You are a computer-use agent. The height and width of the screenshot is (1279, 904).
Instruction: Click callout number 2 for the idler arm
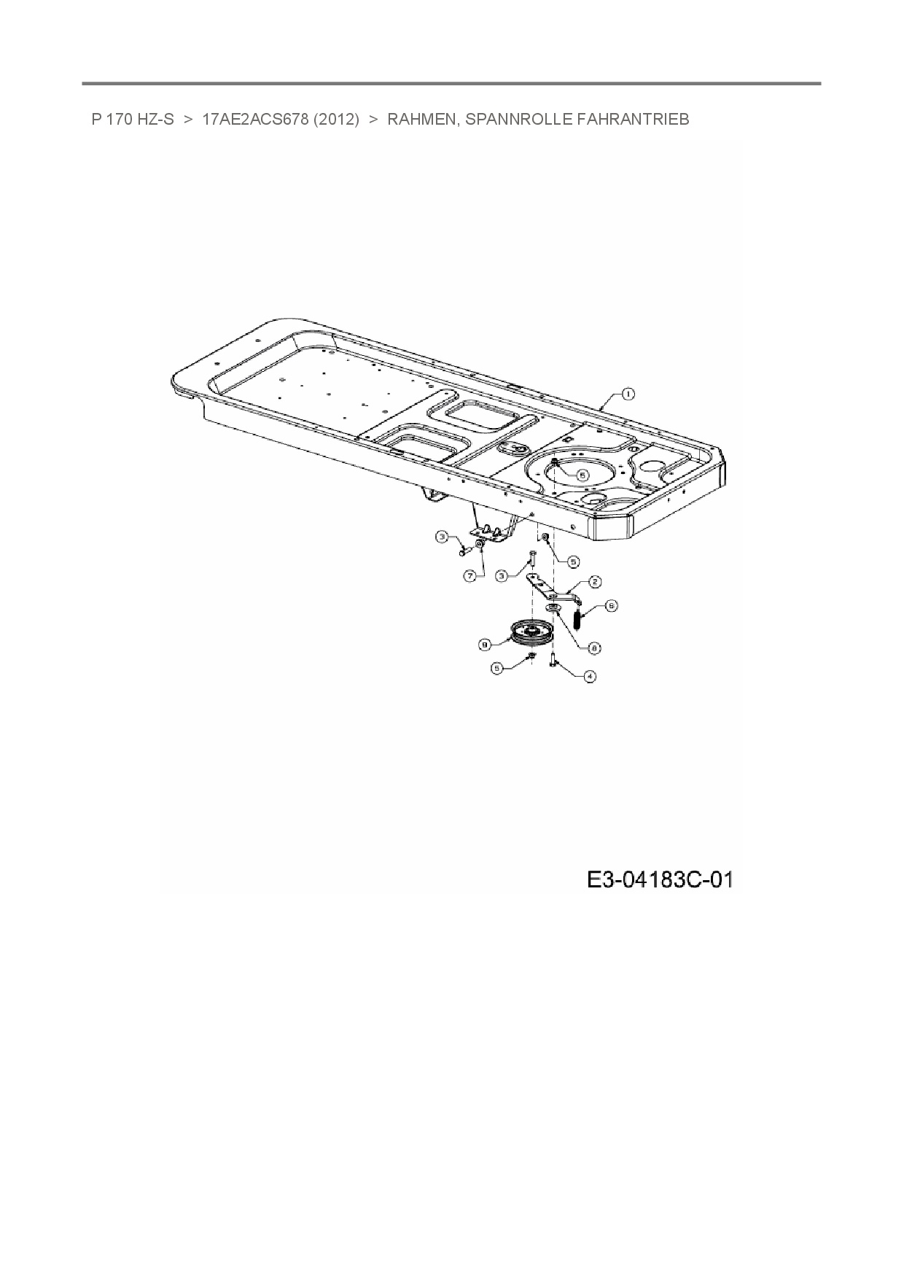[x=595, y=581]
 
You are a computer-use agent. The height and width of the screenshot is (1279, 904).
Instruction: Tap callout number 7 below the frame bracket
[x=470, y=575]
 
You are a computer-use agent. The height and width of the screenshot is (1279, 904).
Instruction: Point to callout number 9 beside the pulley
[x=483, y=644]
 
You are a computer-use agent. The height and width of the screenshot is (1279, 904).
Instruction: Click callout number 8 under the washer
[x=595, y=647]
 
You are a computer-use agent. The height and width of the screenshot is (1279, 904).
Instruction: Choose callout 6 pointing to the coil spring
[x=611, y=605]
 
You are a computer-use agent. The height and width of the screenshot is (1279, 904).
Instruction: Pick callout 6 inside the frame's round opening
[x=582, y=474]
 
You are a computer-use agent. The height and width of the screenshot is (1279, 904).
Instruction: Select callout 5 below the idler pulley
[x=497, y=667]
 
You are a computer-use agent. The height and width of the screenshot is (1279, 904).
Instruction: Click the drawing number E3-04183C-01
[x=659, y=880]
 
